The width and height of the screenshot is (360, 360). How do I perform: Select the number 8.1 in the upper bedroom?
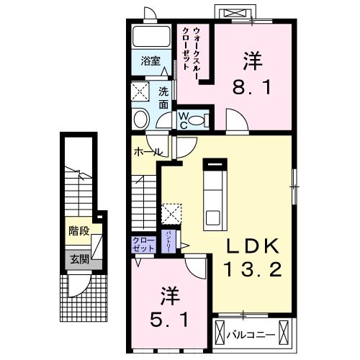point(251,89)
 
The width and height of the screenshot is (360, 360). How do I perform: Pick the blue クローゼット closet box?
point(143,243)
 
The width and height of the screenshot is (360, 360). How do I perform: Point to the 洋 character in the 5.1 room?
point(168,294)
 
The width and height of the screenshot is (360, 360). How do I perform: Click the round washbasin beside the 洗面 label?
point(140,119)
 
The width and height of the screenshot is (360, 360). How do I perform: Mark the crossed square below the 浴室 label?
point(140,91)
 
